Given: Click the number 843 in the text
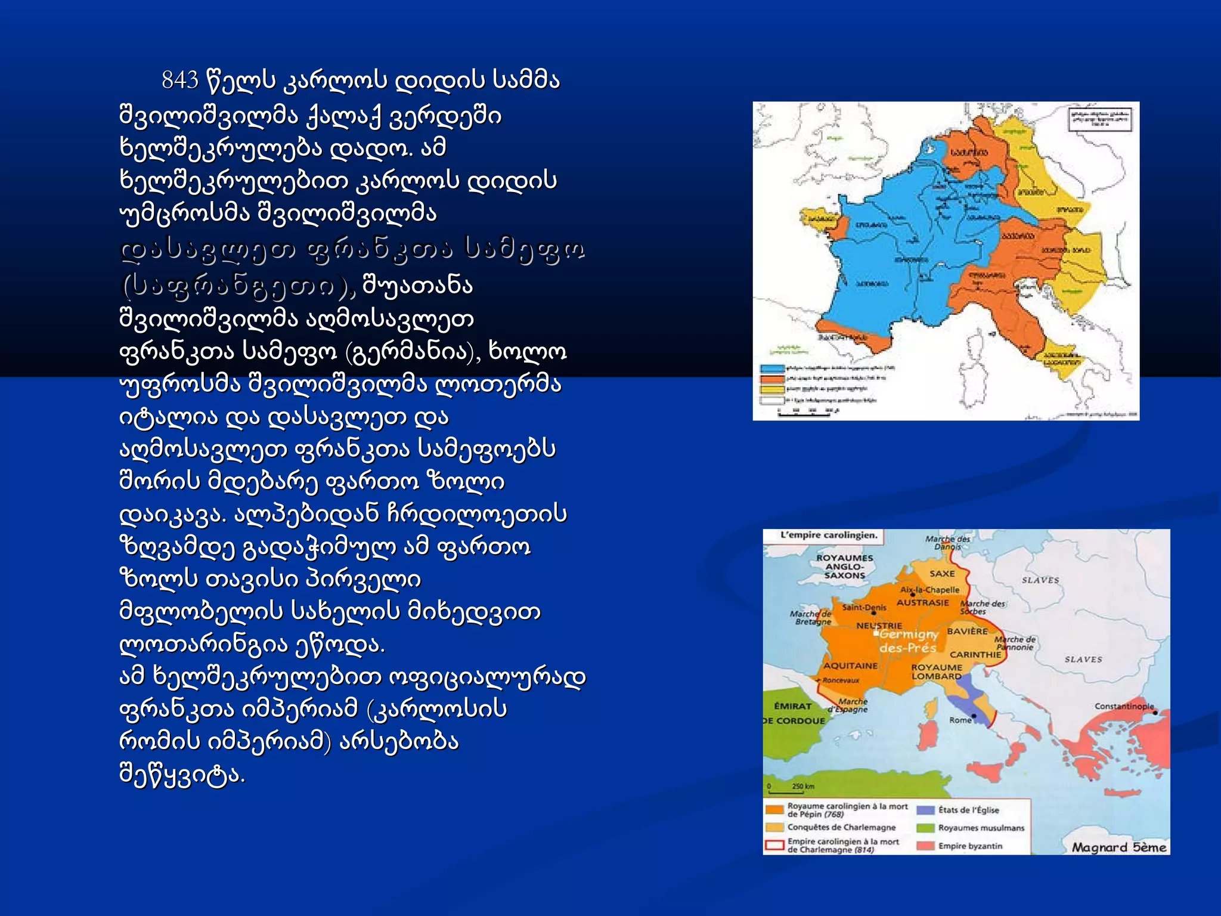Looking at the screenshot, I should point(180,80).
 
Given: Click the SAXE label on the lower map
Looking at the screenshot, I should point(942,574).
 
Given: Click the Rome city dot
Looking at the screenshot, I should point(974,716).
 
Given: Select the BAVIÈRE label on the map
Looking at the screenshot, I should point(967,631).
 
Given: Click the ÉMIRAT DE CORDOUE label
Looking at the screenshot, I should point(794,713).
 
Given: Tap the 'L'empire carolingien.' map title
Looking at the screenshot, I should point(829,536).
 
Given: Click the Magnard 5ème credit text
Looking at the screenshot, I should point(1118,847).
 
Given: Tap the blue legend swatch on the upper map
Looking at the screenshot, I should point(771,369).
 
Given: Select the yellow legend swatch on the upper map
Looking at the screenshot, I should point(771,389).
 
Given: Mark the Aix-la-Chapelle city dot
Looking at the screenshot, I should point(913,595).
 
